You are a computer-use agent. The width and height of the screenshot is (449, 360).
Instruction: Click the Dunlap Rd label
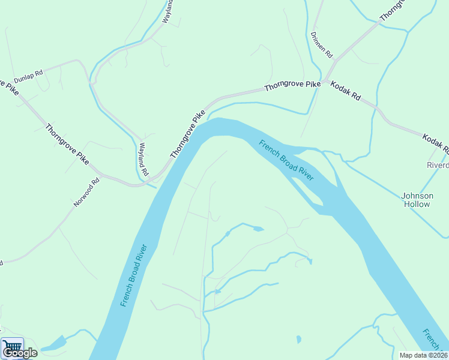point(29,77)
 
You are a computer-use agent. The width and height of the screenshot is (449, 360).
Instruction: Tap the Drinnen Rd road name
point(322,44)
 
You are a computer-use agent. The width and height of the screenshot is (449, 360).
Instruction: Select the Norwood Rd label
point(85,193)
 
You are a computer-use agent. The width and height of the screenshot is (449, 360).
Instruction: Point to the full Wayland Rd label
point(143,158)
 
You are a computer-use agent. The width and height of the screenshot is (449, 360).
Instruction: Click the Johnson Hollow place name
point(417,200)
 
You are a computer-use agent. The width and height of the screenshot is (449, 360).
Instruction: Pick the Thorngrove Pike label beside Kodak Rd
point(293,87)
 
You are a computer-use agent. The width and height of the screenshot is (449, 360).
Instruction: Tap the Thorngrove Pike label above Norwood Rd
point(67,145)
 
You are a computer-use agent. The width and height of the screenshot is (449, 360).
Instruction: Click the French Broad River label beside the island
point(286,160)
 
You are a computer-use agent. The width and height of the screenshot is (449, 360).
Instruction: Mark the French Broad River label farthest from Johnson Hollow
point(134,275)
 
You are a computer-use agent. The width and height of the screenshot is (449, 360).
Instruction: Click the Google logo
point(20,353)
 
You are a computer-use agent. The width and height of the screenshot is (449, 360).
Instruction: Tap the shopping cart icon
point(12,347)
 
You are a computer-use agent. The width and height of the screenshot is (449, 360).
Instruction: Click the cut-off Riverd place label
point(437,165)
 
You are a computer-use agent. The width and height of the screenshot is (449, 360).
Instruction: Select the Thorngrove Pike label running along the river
point(188,134)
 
